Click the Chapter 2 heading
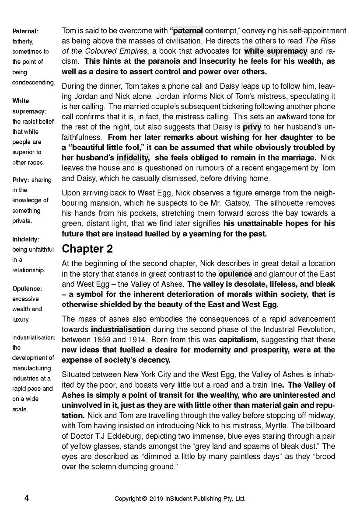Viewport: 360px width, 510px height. point(87,249)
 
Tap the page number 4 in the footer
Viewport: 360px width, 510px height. point(26,498)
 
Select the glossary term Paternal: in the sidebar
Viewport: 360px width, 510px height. point(25,31)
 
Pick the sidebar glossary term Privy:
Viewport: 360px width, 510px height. point(21,180)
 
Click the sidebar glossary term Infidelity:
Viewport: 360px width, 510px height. point(26,239)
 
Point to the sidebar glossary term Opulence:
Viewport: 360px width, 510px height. point(27,289)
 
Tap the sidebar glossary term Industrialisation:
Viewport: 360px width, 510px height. point(34,338)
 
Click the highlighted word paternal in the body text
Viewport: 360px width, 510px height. point(188,31)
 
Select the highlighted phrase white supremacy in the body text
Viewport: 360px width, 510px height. point(276,51)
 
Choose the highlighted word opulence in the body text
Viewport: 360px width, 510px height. point(235,274)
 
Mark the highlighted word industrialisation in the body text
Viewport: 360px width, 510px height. point(121,330)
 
